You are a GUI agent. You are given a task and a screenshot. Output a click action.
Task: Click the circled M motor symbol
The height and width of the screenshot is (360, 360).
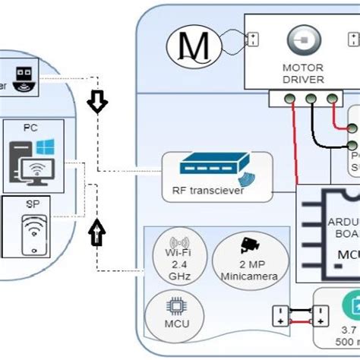pos(194,46)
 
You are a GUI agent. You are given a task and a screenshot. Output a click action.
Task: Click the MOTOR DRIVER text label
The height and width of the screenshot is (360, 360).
pos(303,74)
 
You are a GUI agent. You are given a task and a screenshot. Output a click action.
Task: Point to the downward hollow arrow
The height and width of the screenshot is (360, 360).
pos(96,103)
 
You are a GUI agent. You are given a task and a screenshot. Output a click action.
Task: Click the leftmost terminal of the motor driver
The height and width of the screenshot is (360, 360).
pos(289,98)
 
